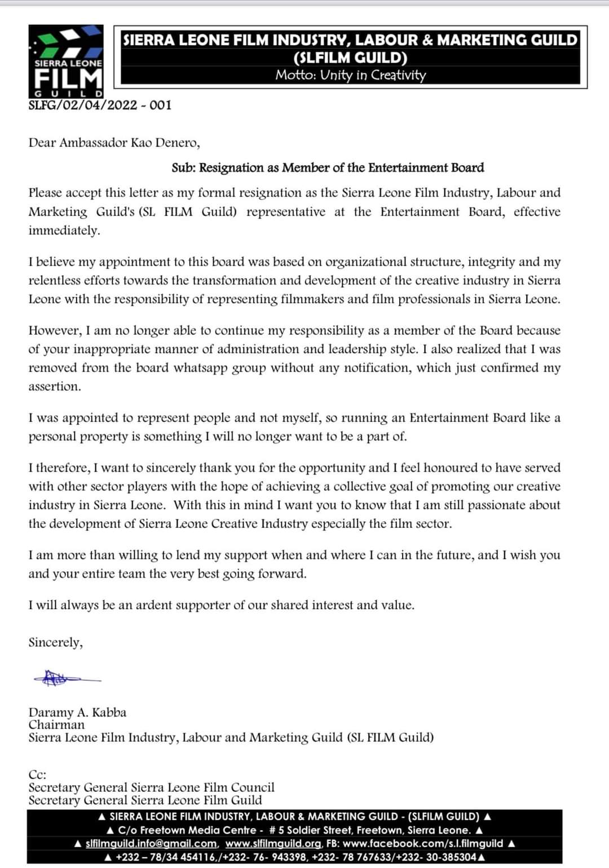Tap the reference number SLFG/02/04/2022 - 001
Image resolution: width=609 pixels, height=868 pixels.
coord(100,105)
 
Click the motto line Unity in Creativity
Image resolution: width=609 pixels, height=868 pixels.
coord(350,75)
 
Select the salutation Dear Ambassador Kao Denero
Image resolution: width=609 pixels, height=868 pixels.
coord(114,143)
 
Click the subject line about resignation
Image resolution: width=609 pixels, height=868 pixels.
coord(328,168)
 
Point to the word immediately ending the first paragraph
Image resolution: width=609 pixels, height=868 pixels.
coord(64,231)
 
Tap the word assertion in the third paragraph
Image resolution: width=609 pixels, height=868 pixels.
coord(54,386)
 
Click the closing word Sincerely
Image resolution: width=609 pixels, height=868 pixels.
coord(55,642)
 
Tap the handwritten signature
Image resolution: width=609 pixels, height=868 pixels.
coord(65,678)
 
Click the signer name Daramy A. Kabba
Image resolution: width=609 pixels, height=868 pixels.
coord(77,712)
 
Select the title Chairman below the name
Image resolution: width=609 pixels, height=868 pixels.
coord(56,725)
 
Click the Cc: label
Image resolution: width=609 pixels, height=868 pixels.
coord(37,775)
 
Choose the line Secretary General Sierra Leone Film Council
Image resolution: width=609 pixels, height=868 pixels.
coord(151,787)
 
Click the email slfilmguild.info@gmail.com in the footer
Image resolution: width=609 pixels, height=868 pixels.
coord(151,844)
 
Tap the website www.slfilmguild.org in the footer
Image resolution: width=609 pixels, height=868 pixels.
coord(273,844)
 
